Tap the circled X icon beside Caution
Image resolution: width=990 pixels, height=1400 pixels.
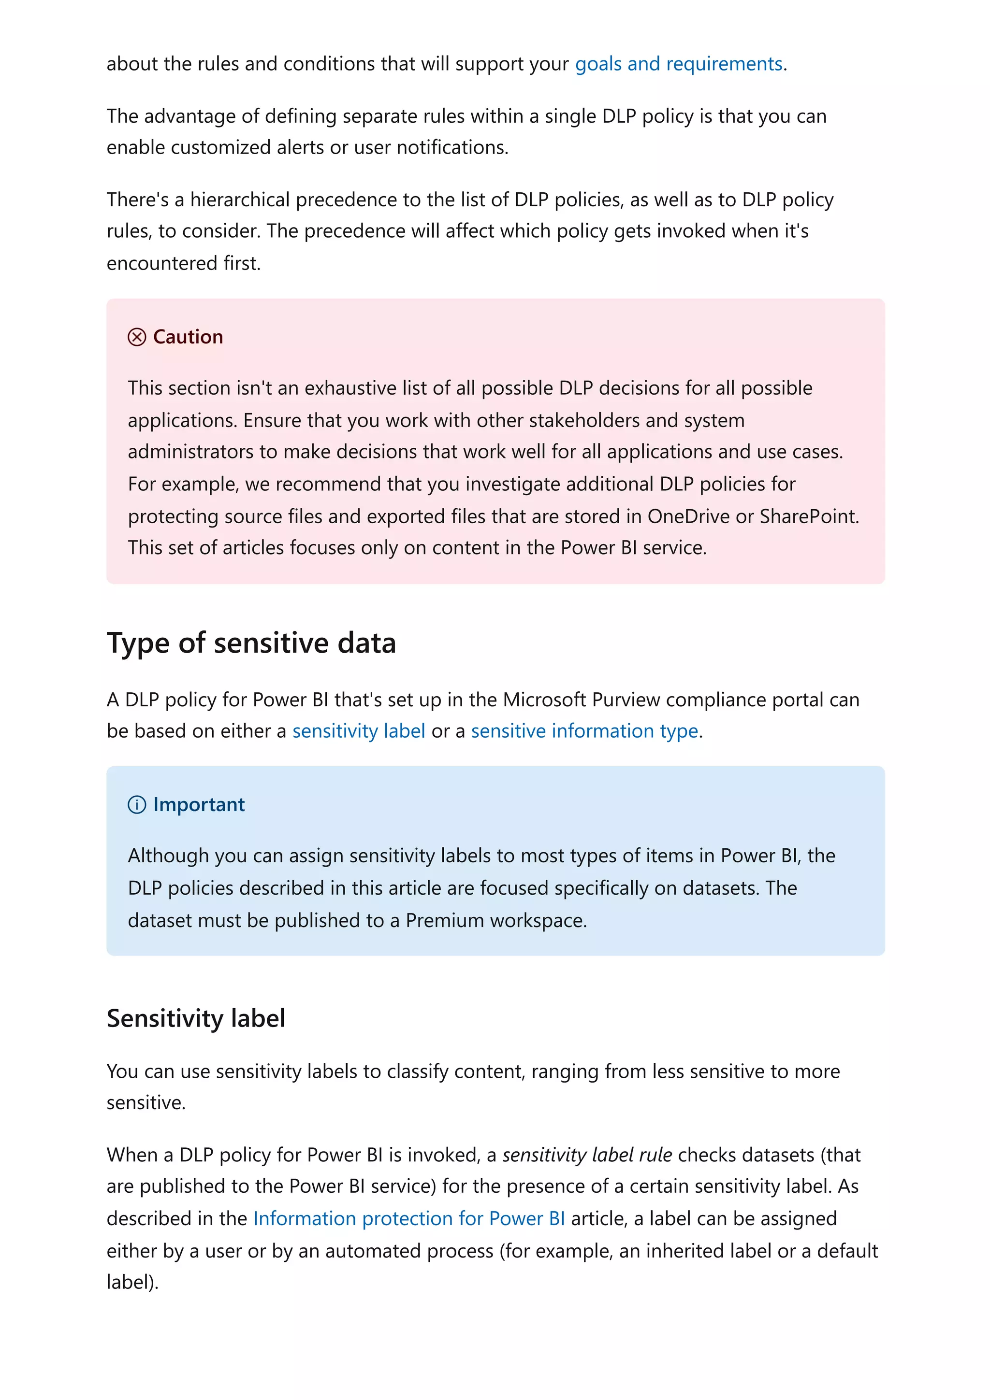point(137,337)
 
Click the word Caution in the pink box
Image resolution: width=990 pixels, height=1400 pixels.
point(188,337)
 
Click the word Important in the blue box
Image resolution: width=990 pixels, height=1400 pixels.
point(199,804)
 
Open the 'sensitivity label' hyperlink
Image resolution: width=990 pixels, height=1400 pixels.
point(359,730)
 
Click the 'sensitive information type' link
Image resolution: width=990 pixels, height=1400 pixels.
point(584,730)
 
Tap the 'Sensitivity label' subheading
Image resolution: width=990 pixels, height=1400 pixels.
point(196,1018)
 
